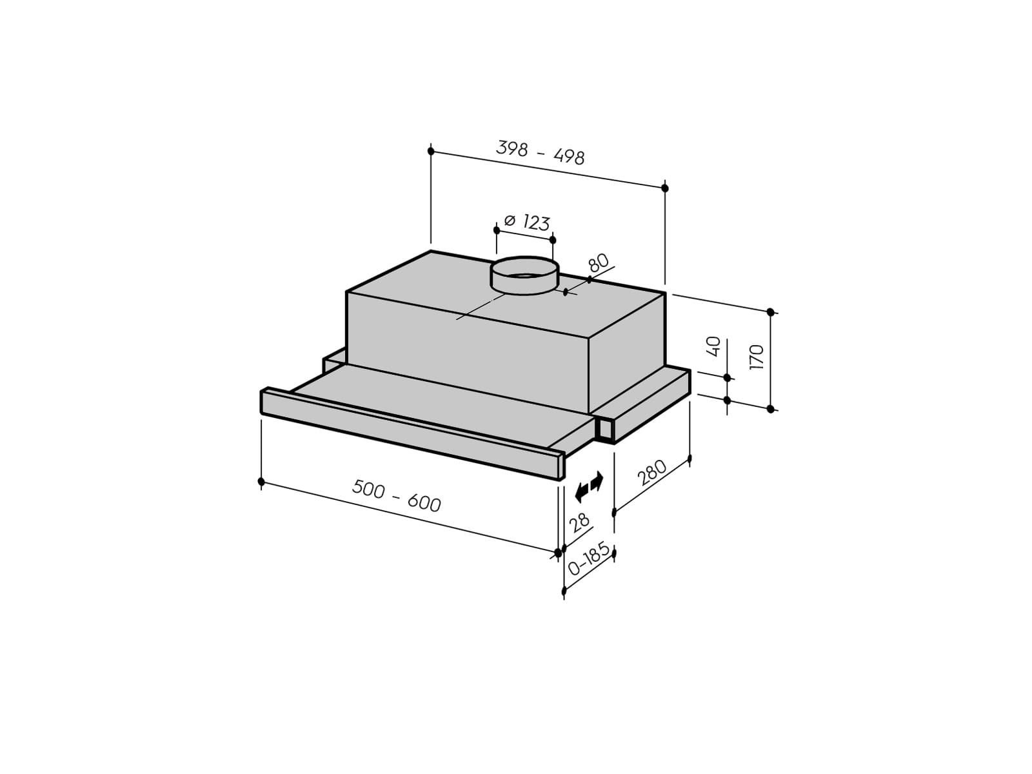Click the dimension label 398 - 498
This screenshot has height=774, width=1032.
click(x=541, y=153)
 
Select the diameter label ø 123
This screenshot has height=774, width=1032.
click(x=526, y=222)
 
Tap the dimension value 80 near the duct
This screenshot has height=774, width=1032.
click(x=599, y=263)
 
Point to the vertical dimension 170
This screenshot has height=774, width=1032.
click(x=757, y=357)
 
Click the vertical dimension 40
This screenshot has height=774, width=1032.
click(x=714, y=346)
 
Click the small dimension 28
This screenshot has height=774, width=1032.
click(x=579, y=522)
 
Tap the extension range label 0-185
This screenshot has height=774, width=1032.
click(x=589, y=559)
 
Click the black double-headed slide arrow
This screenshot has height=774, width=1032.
click(x=589, y=486)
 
